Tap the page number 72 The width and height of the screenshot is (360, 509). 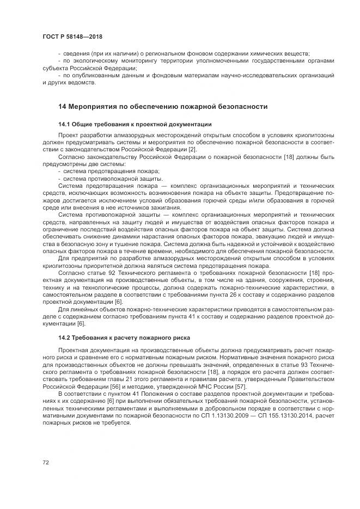[46, 462]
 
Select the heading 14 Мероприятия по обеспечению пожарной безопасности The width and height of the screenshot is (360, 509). [163, 107]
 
